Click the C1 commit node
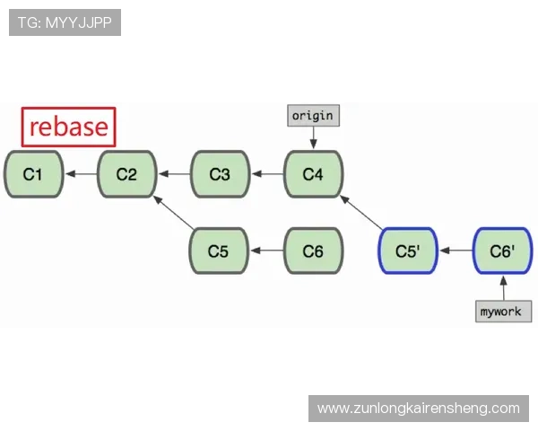(33, 174)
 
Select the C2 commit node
(126, 174)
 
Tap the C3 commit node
(220, 174)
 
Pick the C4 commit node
(313, 174)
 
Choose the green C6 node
(313, 251)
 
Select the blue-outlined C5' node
(408, 251)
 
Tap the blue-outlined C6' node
(502, 251)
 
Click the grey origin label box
(313, 116)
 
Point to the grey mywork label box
(503, 312)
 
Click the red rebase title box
(69, 127)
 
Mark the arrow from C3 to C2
(173, 174)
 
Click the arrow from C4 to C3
(266, 174)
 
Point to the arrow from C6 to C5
(266, 251)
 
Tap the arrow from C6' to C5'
(456, 251)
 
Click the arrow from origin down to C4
(313, 137)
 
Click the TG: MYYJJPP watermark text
(65, 22)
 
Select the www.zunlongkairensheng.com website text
(419, 409)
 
